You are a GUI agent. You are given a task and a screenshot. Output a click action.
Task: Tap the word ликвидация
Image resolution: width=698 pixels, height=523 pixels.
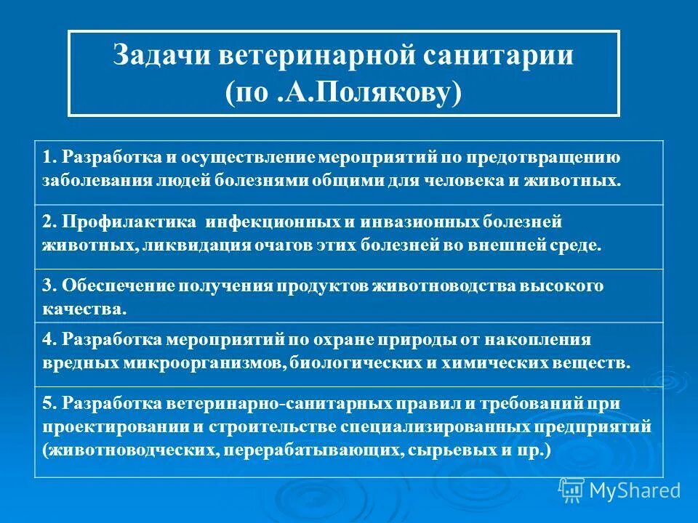(x=196, y=245)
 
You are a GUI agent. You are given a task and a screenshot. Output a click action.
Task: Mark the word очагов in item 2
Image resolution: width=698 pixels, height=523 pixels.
(x=284, y=245)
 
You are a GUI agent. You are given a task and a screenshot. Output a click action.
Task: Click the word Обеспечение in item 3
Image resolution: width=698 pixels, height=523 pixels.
(x=113, y=285)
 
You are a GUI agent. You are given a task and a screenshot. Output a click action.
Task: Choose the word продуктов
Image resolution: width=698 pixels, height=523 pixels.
(x=323, y=285)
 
